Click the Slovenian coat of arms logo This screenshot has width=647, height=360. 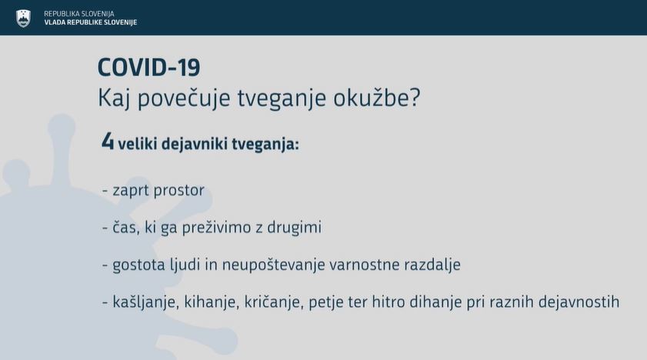(x=24, y=18)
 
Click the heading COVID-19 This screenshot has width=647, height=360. (x=149, y=68)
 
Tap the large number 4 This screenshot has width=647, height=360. (x=107, y=142)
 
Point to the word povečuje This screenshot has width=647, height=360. (x=184, y=99)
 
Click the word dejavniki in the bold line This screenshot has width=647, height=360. (x=195, y=145)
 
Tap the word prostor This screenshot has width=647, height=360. (x=179, y=191)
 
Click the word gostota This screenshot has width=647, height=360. (x=138, y=265)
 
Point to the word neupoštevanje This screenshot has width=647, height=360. (x=274, y=265)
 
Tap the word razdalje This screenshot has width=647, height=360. (x=432, y=265)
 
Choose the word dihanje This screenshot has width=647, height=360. (x=435, y=302)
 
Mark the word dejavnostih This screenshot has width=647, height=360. (x=579, y=302)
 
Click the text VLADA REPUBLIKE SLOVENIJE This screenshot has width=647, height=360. (x=90, y=22)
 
